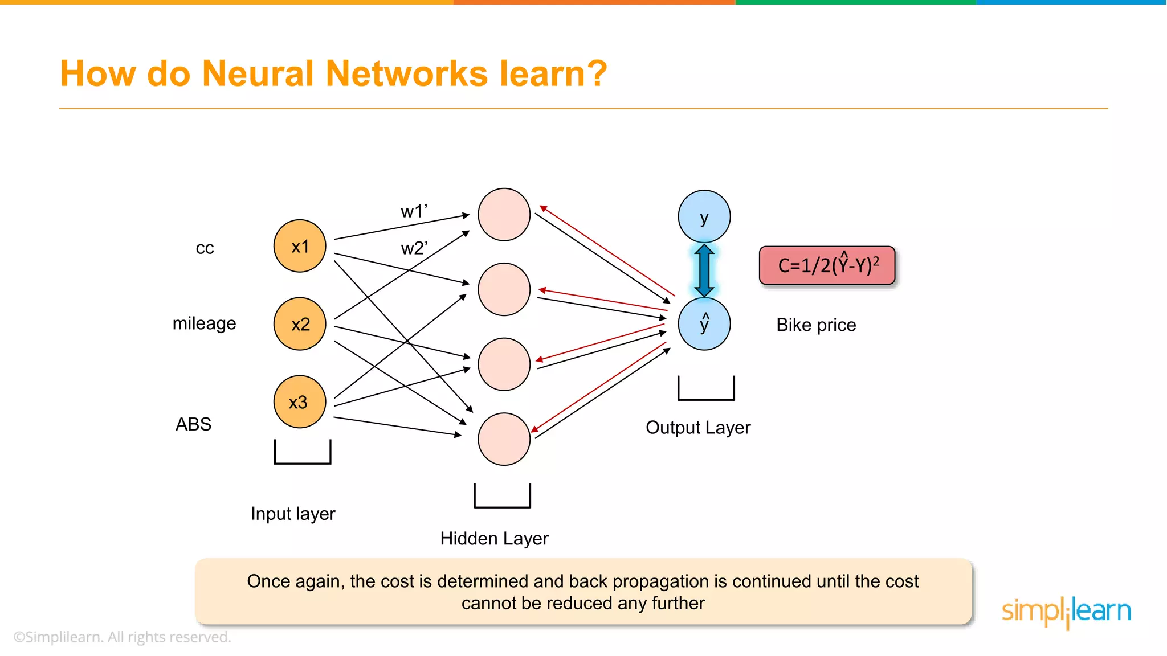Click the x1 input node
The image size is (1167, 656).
coord(300,246)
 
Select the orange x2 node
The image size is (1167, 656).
coord(300,323)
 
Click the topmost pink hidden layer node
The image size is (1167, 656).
coord(504,215)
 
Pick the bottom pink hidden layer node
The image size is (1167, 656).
coord(504,439)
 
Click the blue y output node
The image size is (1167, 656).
coord(704,216)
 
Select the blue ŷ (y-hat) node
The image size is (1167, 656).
coord(704,323)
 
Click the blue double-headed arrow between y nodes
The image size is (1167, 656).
coord(704,270)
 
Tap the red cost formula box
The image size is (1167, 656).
coord(827,265)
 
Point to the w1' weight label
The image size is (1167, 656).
coord(414,211)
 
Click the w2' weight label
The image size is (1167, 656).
coord(414,248)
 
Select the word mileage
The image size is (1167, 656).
coord(204,323)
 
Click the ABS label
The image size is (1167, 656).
coord(193,424)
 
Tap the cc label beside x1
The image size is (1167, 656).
coord(205,248)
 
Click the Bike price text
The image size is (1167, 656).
coord(816,325)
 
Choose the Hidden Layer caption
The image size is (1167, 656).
coord(494,538)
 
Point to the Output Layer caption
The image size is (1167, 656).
coord(698,427)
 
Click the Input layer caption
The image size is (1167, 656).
coord(293,514)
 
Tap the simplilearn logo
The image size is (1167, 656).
coord(1066,611)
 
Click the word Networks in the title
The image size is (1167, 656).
coord(407,73)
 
